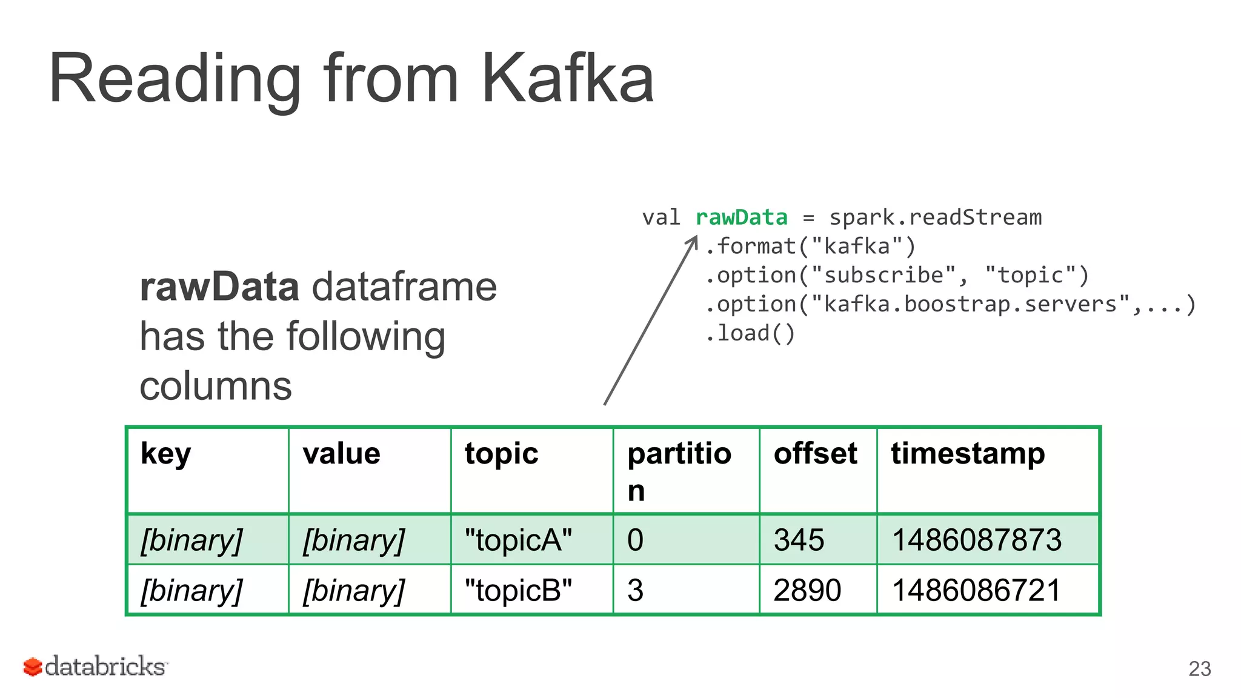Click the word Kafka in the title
click(567, 79)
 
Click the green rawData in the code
click(741, 217)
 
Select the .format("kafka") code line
click(810, 246)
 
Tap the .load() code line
click(750, 333)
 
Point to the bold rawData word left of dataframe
click(219, 287)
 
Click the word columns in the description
click(216, 386)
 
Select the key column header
click(165, 454)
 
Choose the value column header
click(341, 454)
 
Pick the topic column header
click(501, 454)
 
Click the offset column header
click(815, 454)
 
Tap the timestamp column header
click(968, 454)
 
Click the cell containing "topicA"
click(518, 540)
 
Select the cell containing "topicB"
click(518, 590)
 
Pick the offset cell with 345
click(799, 540)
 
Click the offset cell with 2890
click(807, 590)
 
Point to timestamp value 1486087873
click(977, 540)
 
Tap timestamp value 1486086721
click(976, 590)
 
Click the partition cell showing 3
click(635, 590)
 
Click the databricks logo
click(95, 666)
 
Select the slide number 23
click(1199, 669)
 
